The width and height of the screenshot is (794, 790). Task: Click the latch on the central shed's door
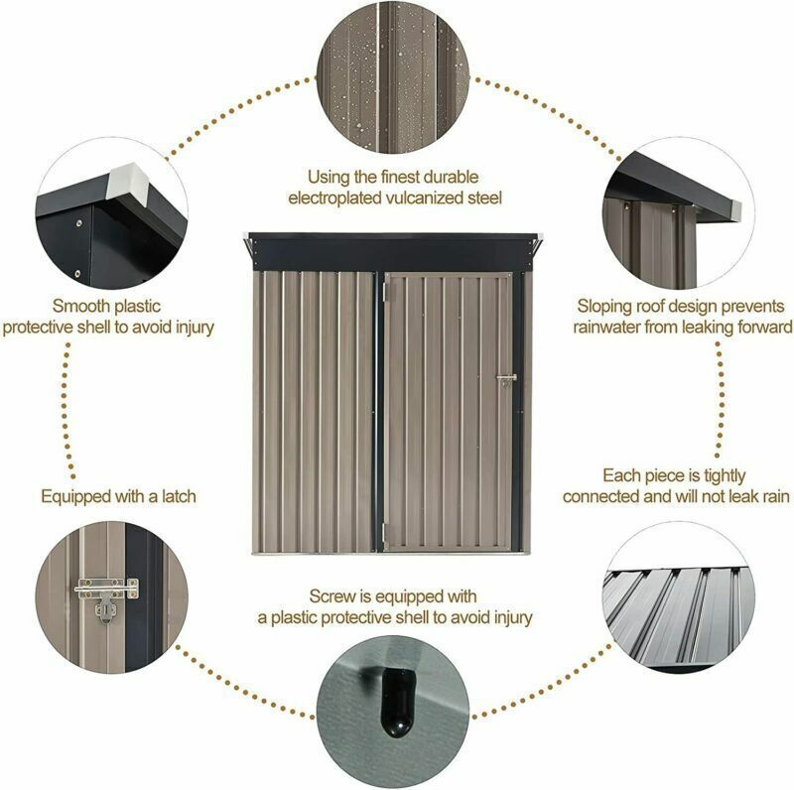506,379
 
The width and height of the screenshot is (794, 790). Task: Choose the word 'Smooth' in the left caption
81,306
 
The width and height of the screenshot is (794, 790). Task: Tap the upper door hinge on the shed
384,290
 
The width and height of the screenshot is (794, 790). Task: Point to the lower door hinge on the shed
383,531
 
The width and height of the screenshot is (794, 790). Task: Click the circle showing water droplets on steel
393,77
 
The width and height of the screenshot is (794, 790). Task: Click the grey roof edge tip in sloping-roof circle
736,208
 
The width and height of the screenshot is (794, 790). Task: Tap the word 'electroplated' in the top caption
334,198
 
